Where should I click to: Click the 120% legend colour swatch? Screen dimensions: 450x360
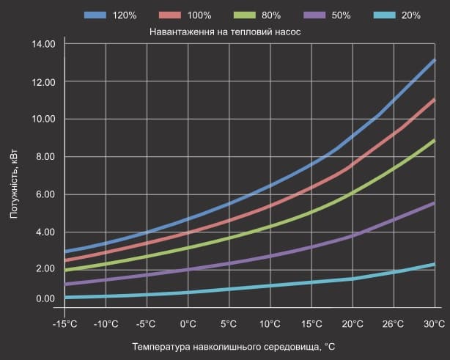95,15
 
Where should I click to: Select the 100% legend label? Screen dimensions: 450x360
199,15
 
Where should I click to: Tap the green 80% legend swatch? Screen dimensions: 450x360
245,15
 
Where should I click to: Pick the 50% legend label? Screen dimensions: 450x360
341,15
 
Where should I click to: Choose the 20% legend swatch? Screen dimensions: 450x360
385,15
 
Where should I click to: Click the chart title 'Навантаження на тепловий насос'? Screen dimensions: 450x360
225,32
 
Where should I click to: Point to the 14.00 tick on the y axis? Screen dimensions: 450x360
44,44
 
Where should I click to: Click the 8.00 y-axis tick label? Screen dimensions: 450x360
45,157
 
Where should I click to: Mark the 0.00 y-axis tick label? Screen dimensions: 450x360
45,299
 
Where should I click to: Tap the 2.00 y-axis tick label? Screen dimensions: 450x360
45,268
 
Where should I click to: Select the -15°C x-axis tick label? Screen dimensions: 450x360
64,324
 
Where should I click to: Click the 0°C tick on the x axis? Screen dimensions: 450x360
188,324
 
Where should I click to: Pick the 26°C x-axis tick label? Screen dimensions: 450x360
393,324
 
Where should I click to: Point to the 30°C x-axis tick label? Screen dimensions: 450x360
434,324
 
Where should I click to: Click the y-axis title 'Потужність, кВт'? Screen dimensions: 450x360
14,184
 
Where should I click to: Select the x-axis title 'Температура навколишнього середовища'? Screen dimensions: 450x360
226,347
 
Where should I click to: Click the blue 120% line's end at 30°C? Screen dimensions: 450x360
435,60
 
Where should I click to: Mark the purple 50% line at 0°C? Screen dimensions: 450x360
188,270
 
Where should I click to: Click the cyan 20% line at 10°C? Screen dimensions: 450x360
270,286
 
